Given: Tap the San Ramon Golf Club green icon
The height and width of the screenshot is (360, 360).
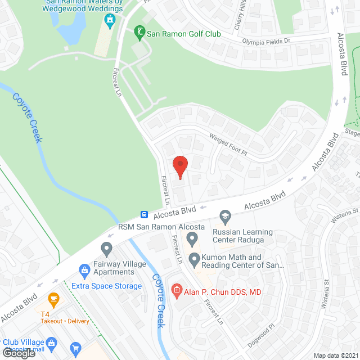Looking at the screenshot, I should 139,33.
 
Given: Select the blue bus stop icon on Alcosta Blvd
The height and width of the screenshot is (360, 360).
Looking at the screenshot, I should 145,214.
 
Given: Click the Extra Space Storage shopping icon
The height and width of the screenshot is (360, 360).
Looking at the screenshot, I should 84,270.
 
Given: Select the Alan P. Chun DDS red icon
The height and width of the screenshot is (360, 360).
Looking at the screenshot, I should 175,291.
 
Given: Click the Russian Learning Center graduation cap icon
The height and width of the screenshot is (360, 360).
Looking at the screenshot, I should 226,216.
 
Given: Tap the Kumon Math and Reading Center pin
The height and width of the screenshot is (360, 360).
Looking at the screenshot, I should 194,260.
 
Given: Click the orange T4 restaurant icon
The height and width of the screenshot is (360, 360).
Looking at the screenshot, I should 54,298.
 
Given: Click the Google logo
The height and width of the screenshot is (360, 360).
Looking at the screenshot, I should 19,353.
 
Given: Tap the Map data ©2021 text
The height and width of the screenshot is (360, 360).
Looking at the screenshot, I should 336,355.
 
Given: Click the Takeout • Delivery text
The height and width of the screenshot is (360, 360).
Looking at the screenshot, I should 65,321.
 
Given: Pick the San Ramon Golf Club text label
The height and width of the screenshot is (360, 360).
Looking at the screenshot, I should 183,34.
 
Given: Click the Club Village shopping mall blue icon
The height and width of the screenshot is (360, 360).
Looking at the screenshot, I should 51,341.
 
